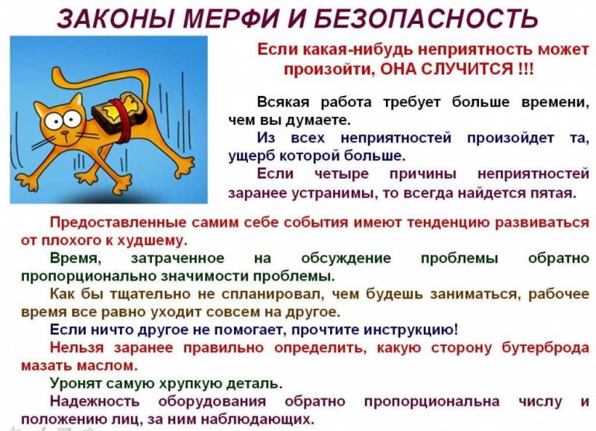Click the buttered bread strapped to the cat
(112, 112)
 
